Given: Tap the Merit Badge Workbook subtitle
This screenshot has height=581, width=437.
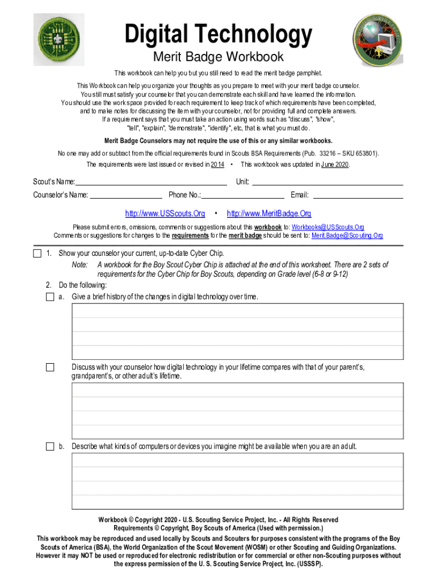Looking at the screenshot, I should (218, 57).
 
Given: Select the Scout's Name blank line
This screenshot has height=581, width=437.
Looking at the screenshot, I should (151, 182).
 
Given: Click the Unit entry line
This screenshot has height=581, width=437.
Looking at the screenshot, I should (327, 182).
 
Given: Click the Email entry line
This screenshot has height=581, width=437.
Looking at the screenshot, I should (358, 195).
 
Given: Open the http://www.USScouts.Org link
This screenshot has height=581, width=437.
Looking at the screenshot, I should (165, 214).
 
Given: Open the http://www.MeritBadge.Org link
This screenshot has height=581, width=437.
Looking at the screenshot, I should (269, 214).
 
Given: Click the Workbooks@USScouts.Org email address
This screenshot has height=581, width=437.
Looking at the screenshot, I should (327, 228).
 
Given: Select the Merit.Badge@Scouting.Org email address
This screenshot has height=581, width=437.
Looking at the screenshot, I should (347, 235).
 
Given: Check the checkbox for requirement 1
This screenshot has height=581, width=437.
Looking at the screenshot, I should (37, 253).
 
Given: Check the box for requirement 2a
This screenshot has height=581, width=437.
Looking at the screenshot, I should (50, 297).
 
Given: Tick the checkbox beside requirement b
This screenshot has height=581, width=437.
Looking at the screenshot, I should (50, 447).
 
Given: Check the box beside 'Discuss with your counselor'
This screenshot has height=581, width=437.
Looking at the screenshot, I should (50, 368).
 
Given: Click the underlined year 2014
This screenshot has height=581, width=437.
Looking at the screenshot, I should (217, 165).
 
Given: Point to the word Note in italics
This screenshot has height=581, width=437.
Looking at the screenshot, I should (79, 265).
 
